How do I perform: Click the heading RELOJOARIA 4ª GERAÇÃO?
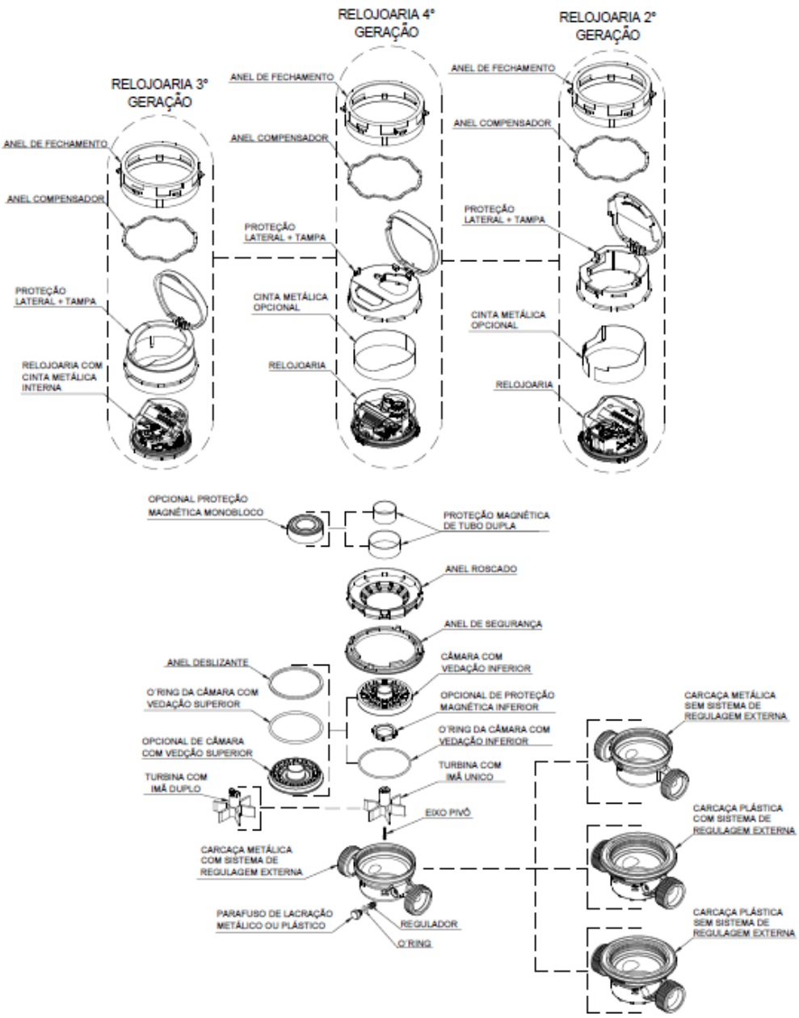point(386,23)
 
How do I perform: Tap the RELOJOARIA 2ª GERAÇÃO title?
point(608,26)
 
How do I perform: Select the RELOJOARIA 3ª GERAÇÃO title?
point(160,93)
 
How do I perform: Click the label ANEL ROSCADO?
point(481,569)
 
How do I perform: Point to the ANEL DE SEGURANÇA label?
point(493,624)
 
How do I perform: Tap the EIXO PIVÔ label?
point(448,813)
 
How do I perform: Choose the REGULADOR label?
point(429,924)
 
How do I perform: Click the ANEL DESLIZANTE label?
point(208,662)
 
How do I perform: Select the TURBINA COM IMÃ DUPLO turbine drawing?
point(234,808)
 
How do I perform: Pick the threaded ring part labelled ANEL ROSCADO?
point(385,593)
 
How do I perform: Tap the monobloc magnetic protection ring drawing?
point(305,529)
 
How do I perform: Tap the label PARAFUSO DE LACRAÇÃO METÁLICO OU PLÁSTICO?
point(275,919)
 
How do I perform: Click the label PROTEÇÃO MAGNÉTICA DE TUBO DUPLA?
point(496,521)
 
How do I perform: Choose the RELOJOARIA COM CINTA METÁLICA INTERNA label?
point(61,376)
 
